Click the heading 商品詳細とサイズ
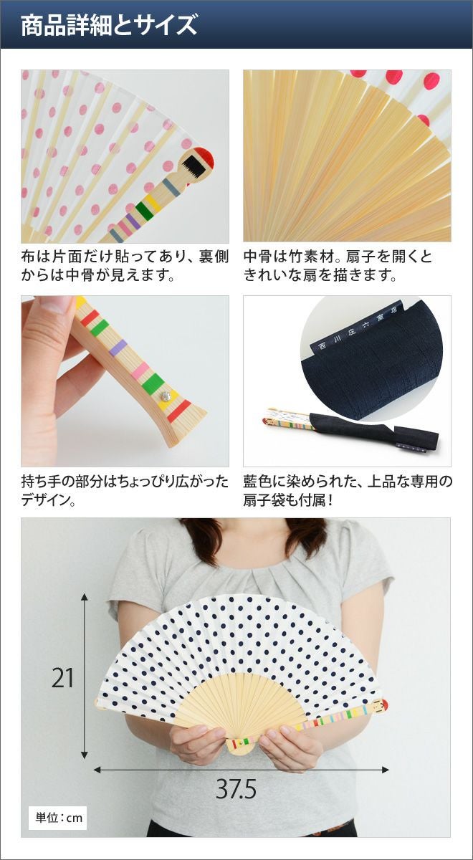click(x=109, y=25)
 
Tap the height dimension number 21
click(x=62, y=678)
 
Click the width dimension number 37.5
click(x=236, y=789)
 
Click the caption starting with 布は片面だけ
click(x=125, y=266)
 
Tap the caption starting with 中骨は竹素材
click(x=338, y=266)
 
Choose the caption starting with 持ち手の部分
click(x=125, y=490)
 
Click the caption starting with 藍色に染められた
click(x=348, y=490)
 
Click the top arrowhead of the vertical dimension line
click(x=85, y=596)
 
